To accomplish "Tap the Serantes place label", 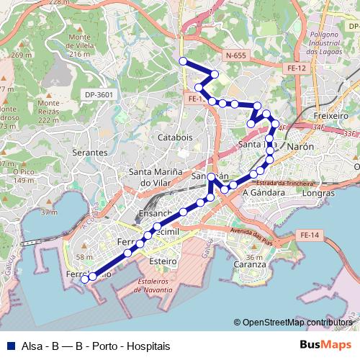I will coord(89,153).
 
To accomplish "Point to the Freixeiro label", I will coord(332,115).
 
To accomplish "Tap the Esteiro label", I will coord(163,261).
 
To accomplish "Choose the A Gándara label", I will coord(261,193).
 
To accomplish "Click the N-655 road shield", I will coord(235,55).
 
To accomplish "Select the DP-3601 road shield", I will coord(99,94).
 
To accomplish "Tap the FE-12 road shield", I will coord(297,68).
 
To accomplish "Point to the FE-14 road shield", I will coord(310,235).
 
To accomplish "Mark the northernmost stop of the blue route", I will coord(183,61).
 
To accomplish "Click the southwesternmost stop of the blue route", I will coord(84,279).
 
